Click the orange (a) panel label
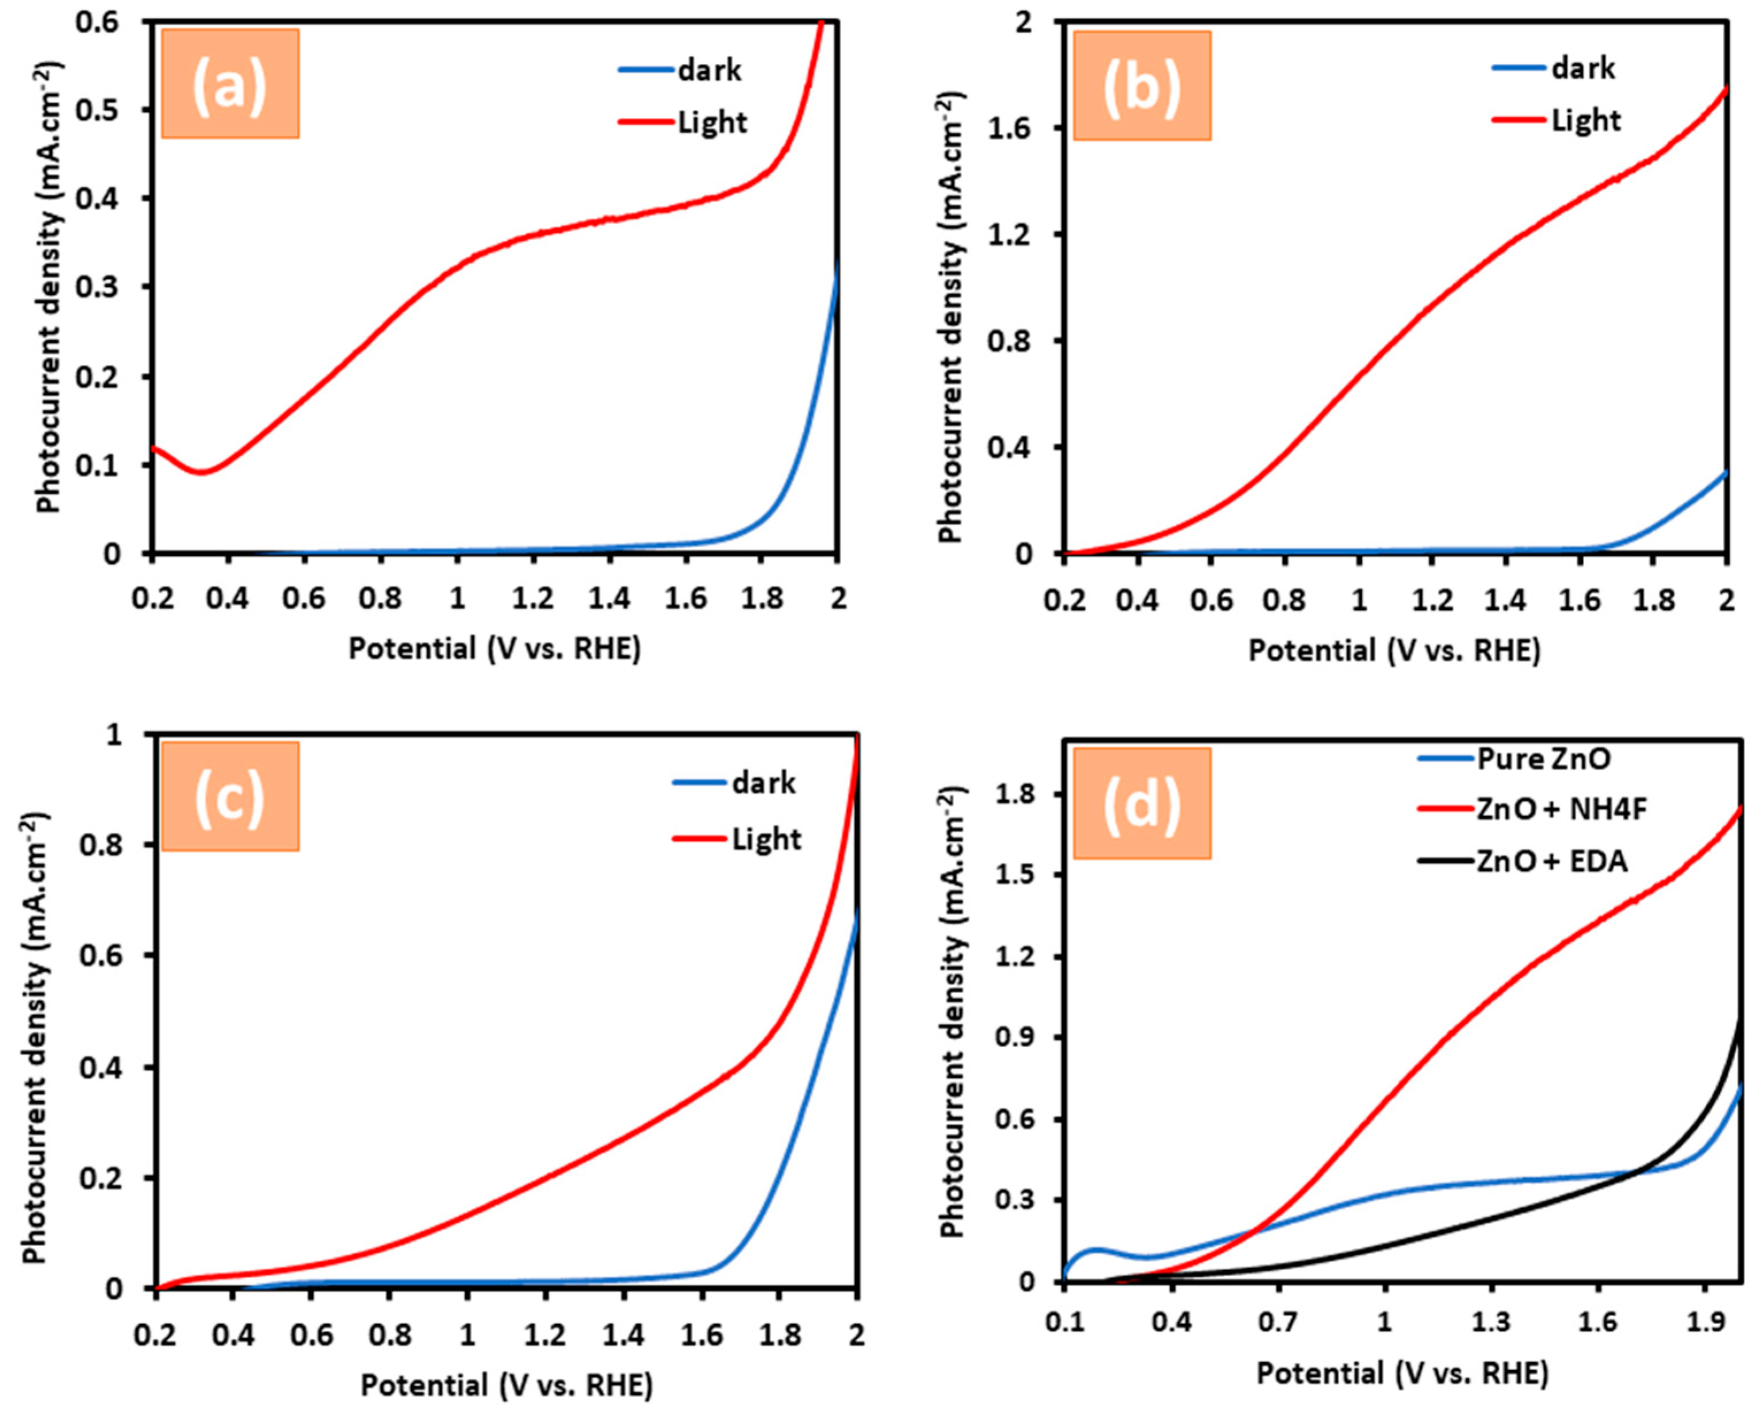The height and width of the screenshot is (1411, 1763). [x=230, y=83]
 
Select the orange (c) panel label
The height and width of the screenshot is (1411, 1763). [x=230, y=795]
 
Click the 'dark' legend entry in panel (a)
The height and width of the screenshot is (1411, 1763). [x=708, y=70]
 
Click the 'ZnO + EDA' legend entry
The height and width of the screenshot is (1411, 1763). [x=1552, y=861]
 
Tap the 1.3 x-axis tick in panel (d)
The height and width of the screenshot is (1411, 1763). [x=1492, y=1322]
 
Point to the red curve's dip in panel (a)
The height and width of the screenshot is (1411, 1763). [x=200, y=472]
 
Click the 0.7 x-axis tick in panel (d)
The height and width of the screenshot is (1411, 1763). [x=1278, y=1322]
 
